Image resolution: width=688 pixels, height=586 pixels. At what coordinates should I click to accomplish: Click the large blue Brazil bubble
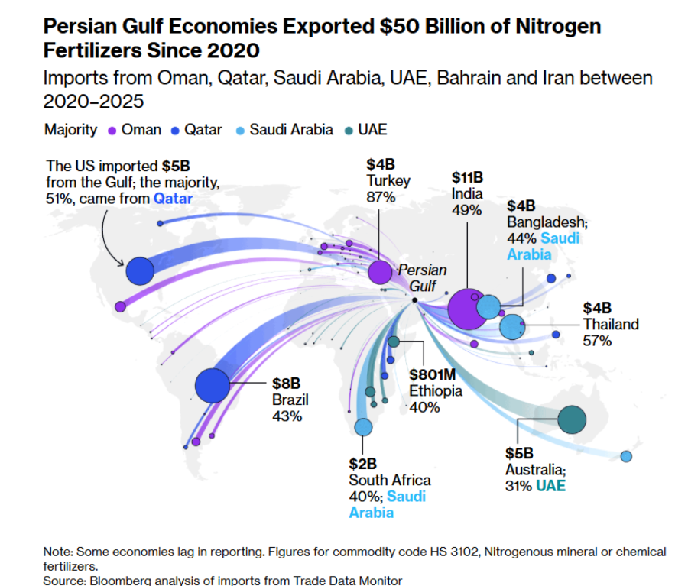(213, 385)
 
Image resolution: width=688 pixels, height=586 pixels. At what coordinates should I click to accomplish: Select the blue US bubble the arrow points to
(140, 270)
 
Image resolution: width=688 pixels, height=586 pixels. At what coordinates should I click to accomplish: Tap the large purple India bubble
(467, 309)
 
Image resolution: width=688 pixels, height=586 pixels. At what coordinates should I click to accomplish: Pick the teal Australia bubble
(572, 419)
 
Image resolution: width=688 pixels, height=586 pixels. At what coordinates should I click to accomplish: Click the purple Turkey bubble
(379, 272)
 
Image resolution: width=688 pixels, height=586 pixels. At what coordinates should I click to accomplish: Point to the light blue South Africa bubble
(363, 426)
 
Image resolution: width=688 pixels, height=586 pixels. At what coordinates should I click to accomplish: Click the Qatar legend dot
(175, 130)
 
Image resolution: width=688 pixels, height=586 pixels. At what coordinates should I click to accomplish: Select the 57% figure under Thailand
(597, 341)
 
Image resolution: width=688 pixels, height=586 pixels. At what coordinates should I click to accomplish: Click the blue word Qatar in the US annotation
(174, 199)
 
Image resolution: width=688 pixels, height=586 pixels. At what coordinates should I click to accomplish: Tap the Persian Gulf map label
(421, 278)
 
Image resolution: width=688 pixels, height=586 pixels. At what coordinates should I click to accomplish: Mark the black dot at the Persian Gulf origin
(414, 300)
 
